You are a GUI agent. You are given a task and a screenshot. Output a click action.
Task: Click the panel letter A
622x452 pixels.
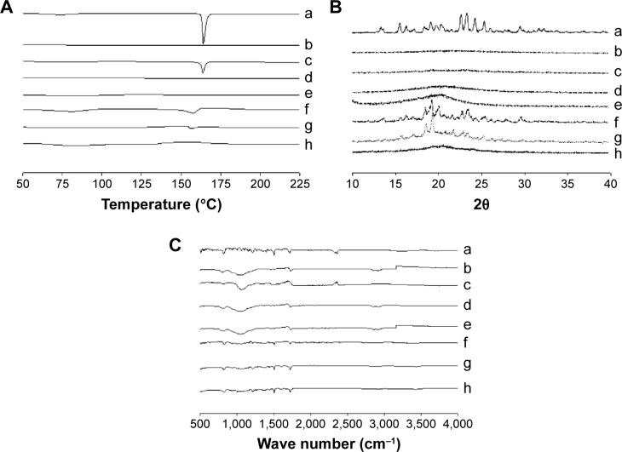[7, 9]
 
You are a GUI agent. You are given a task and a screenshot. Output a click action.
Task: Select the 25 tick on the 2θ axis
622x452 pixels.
[481, 183]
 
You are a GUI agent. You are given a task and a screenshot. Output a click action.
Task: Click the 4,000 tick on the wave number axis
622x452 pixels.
[458, 421]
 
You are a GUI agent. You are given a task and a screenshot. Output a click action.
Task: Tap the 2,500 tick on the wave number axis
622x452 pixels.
[347, 421]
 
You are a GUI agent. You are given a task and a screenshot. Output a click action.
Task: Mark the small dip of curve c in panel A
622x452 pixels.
[203, 71]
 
